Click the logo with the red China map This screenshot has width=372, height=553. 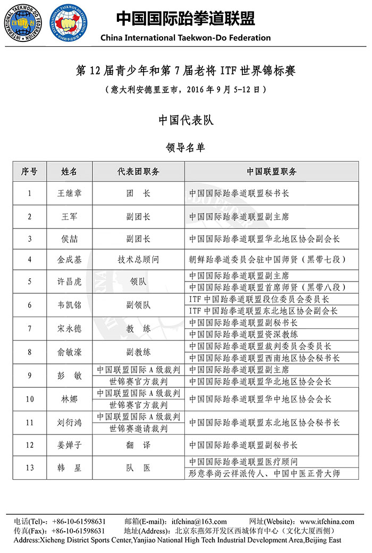(69, 23)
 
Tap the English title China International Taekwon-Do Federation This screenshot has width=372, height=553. (185, 38)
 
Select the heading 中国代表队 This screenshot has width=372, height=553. (186, 120)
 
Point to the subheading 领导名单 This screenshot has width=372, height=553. (185, 147)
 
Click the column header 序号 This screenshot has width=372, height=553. (29, 172)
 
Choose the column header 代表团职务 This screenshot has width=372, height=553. (138, 172)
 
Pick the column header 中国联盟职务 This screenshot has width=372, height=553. (272, 172)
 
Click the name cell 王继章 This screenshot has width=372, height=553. (70, 193)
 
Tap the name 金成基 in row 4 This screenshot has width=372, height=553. (70, 260)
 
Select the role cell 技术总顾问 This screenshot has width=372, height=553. (138, 260)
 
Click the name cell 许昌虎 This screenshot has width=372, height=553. (70, 282)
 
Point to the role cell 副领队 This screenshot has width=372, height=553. (138, 305)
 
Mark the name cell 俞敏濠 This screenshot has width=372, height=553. (70, 352)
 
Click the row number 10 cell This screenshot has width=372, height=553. (29, 399)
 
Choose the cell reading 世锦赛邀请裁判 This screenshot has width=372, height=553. (138, 428)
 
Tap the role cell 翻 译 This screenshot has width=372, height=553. (138, 445)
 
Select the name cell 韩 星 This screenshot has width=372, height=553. (70, 468)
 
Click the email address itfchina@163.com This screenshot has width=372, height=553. (199, 522)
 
